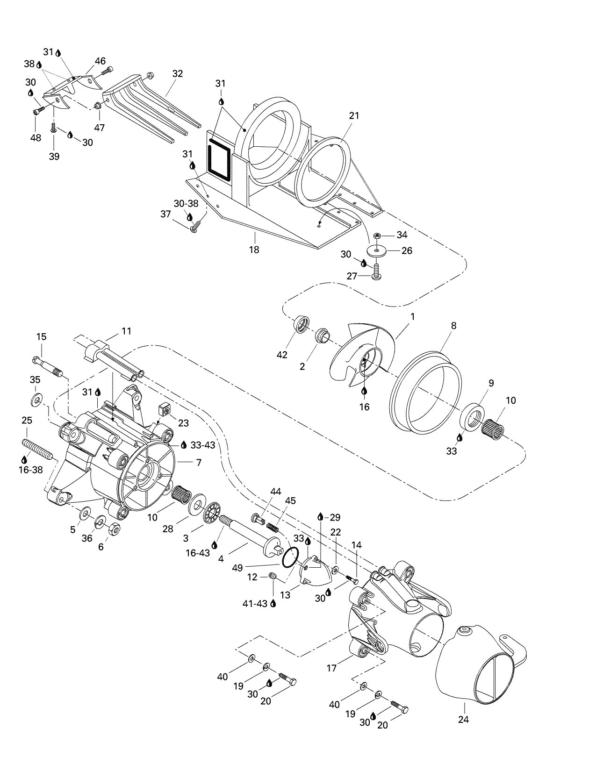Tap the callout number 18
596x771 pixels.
(254, 250)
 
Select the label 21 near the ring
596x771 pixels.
(354, 115)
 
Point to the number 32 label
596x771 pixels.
(178, 74)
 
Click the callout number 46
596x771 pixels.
(100, 61)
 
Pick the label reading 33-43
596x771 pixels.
(202, 445)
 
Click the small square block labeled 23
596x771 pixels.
(163, 410)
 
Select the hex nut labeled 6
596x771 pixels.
(114, 530)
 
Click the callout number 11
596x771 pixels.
(126, 331)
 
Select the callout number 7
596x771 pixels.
(199, 463)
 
